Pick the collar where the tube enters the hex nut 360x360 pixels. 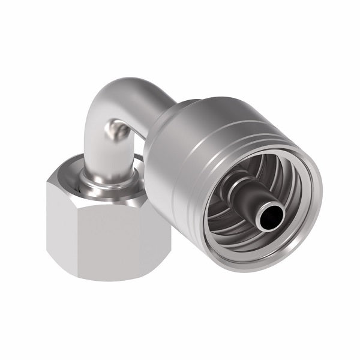point(108,174)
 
